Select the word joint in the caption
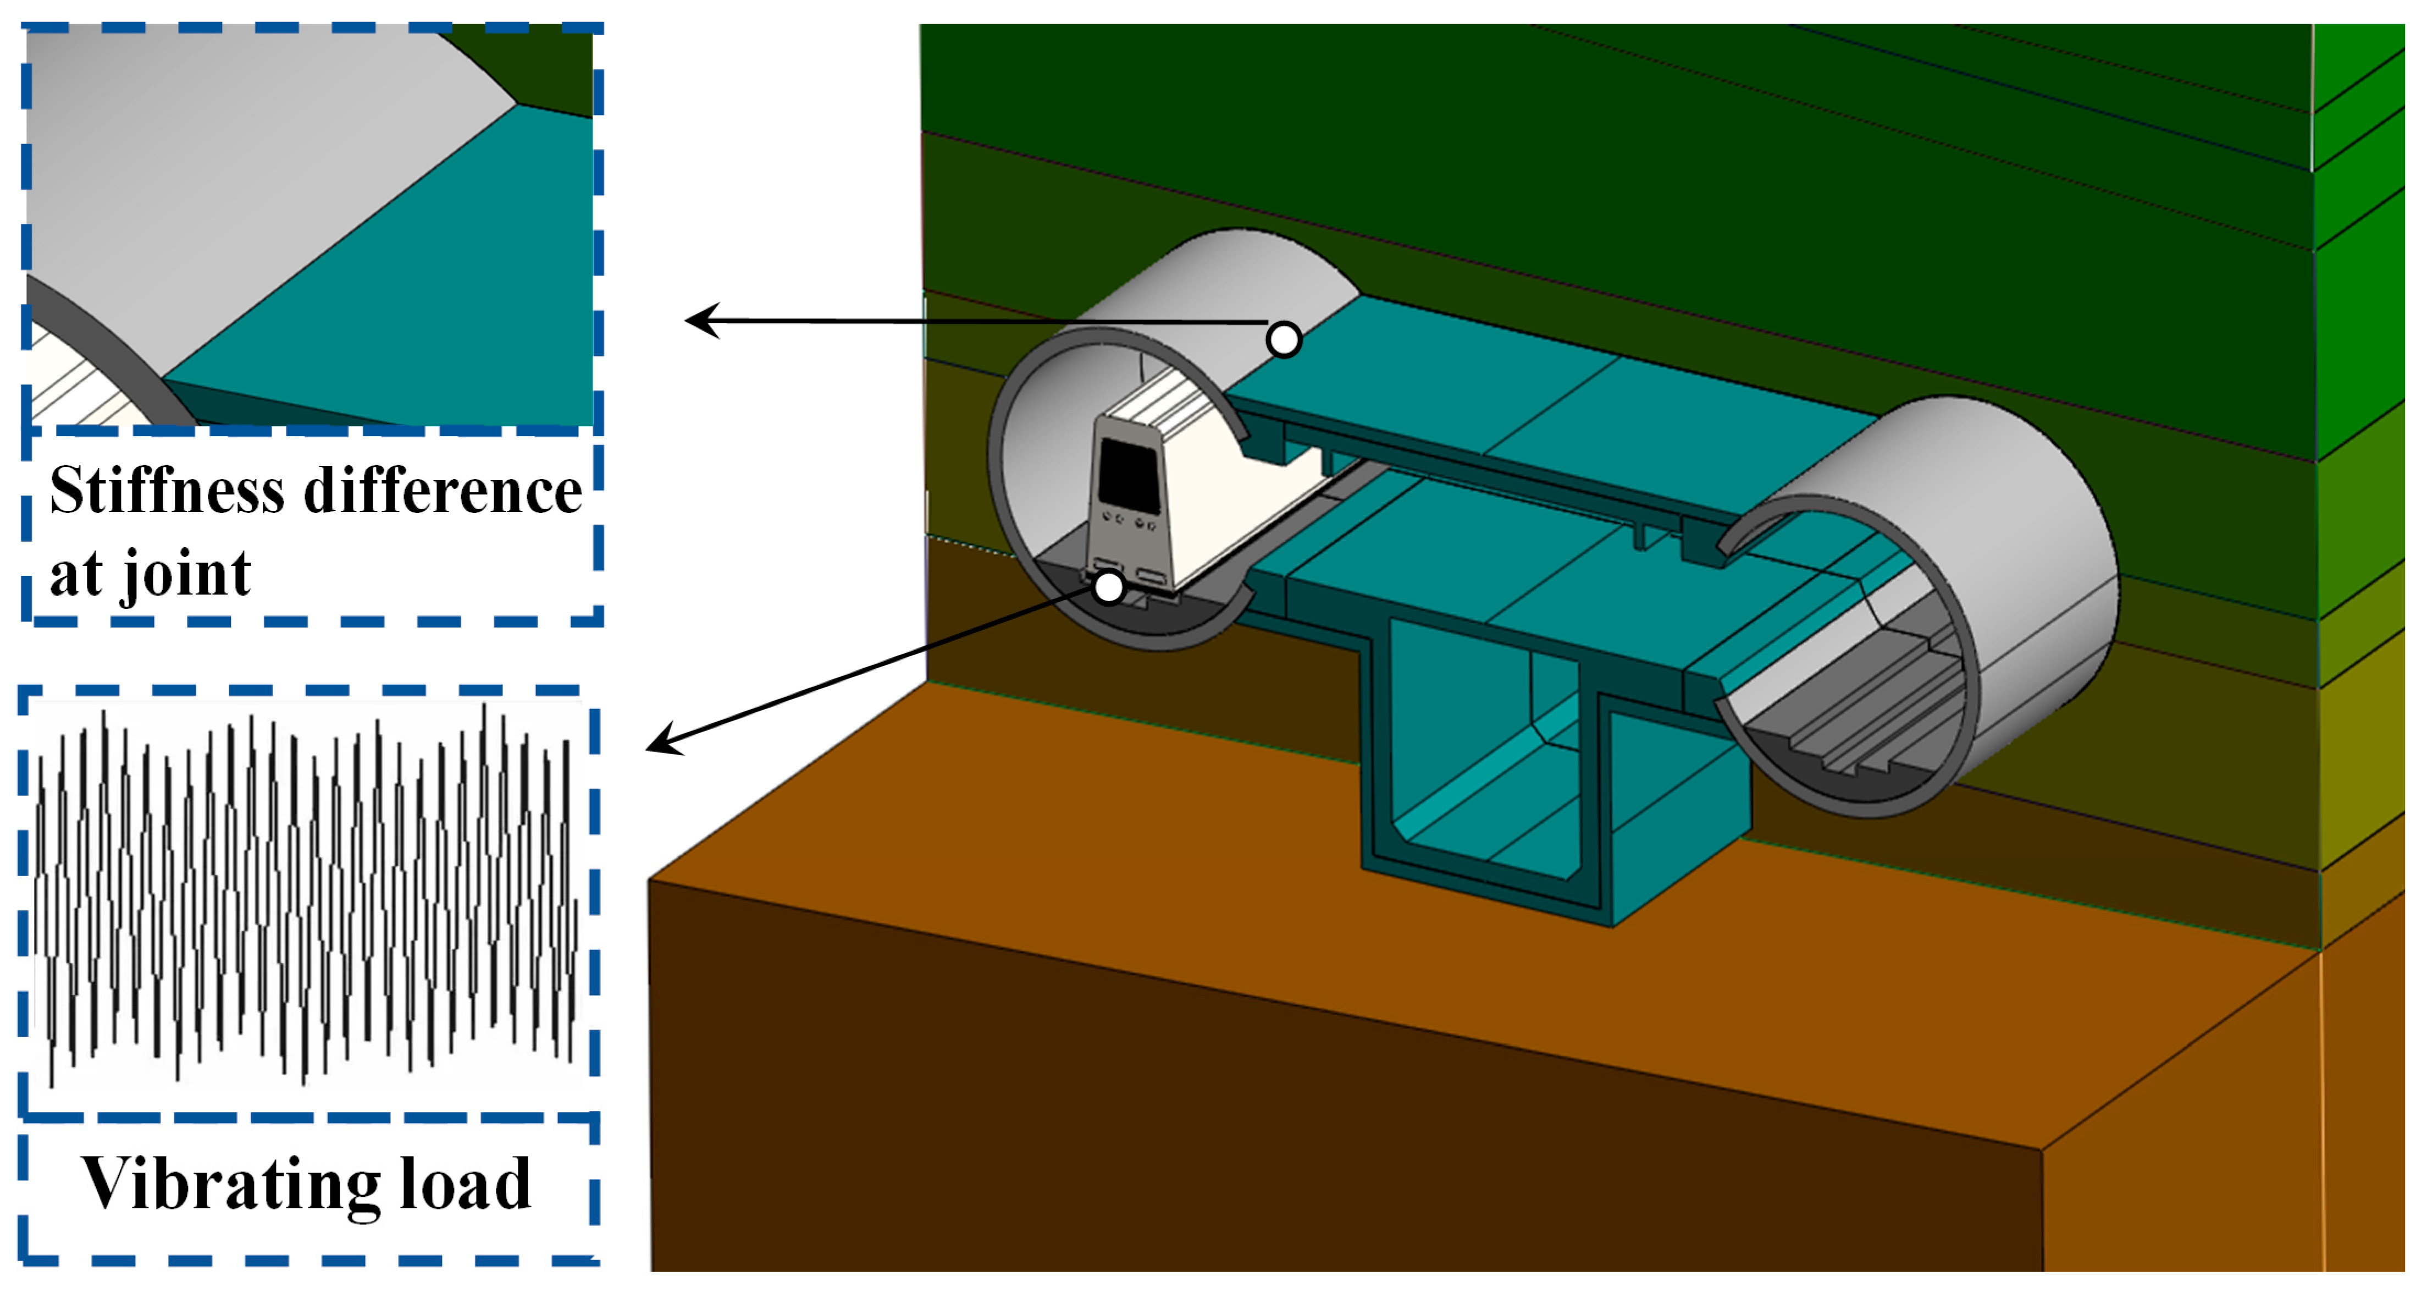coord(186,573)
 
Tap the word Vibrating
coord(231,1184)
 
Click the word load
coord(466,1184)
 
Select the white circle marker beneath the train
coord(1109,587)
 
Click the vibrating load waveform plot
coord(306,895)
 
